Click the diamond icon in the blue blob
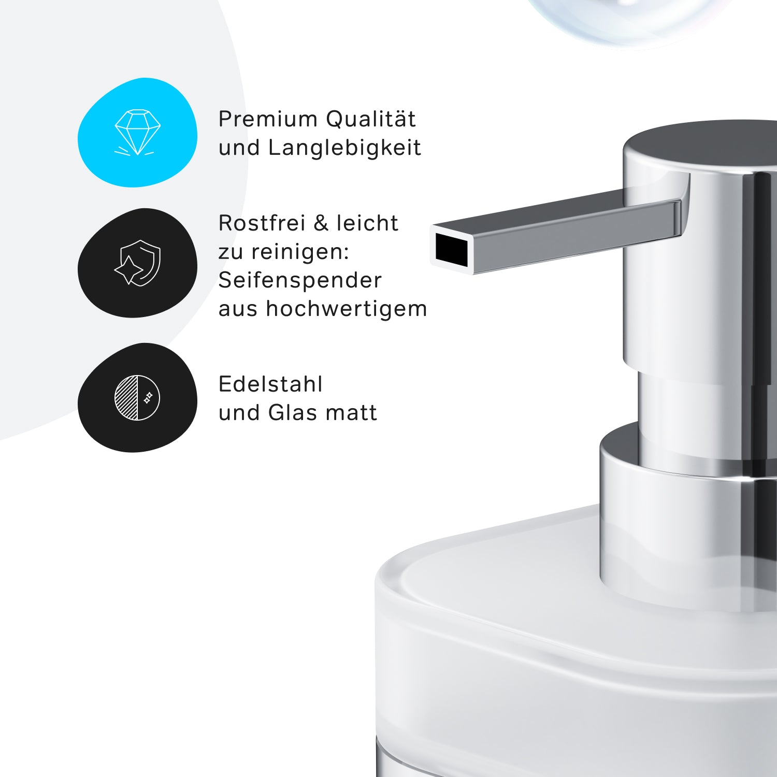click(137, 132)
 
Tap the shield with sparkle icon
click(137, 263)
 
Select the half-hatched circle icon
click(137, 397)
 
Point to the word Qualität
click(371, 119)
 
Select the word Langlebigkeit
click(344, 148)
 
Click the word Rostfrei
click(262, 223)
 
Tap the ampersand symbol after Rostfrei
click(321, 223)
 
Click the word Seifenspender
click(300, 280)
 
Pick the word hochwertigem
click(347, 309)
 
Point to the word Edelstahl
click(270, 384)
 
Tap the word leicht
click(367, 223)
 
